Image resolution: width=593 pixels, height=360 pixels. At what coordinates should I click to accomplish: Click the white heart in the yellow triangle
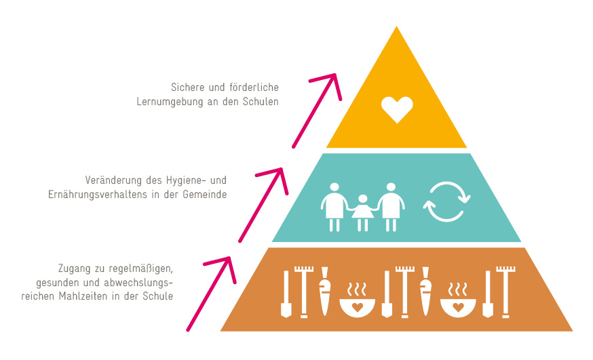click(x=397, y=109)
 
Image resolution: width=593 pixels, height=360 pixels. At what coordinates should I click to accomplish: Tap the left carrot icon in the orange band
click(x=324, y=292)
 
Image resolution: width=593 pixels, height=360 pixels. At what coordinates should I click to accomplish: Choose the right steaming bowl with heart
click(x=458, y=302)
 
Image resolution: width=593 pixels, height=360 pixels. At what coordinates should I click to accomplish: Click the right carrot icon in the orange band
click(x=426, y=292)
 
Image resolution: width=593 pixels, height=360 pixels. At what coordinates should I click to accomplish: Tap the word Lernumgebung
click(x=166, y=101)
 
